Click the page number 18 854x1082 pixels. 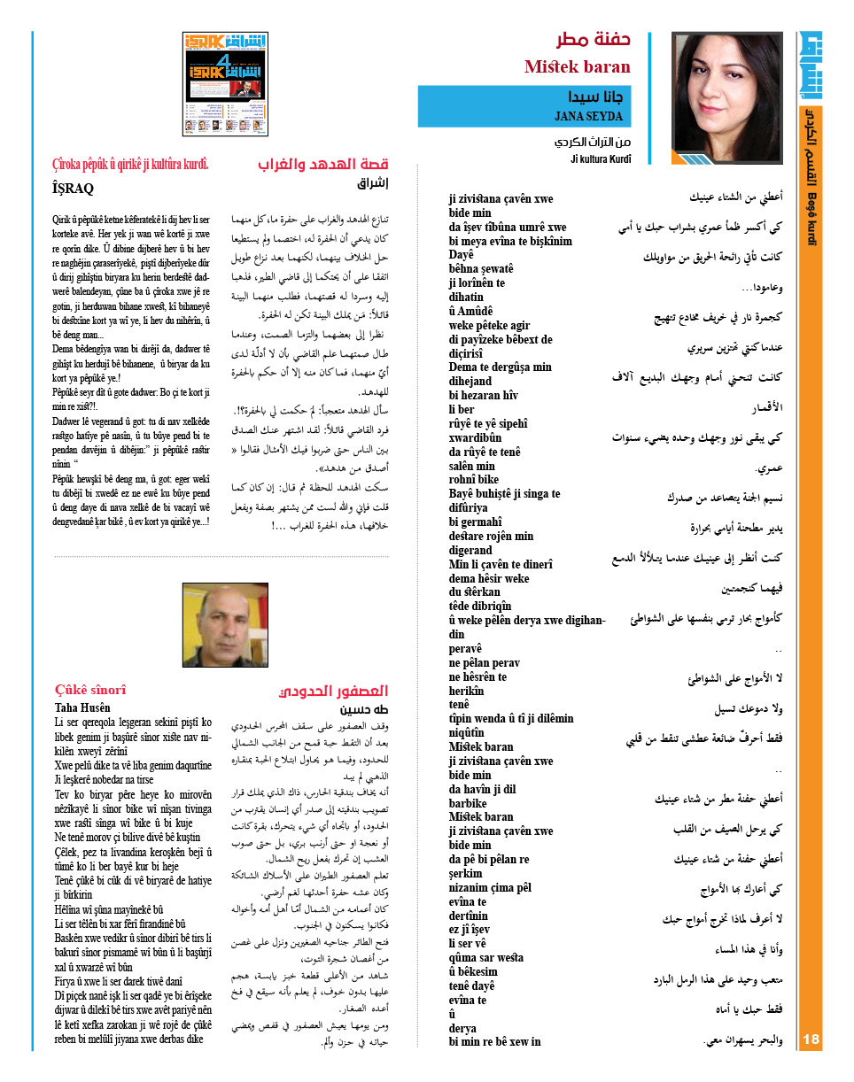coord(812,1039)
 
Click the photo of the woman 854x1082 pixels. coord(726,97)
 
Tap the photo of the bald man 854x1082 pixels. coord(225,624)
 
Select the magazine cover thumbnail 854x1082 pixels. coord(225,84)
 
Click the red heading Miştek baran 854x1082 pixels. coord(577,66)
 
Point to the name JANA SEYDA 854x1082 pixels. coord(588,116)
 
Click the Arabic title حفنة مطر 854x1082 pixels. coord(593,40)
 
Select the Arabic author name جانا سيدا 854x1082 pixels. coord(596,97)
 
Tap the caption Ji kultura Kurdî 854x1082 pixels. coord(600,158)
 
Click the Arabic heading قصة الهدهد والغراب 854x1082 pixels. coord(324,165)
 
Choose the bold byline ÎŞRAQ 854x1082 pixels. coord(74,188)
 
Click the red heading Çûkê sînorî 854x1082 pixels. coord(90,690)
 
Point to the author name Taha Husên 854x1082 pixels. coord(82,707)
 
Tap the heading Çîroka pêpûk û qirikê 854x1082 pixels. coord(130,164)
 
